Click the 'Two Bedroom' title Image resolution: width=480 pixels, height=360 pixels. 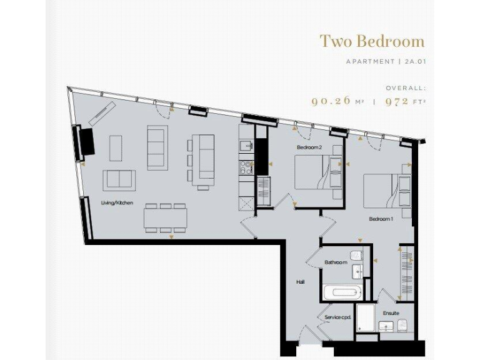(372, 41)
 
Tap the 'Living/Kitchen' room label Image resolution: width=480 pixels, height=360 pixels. (117, 202)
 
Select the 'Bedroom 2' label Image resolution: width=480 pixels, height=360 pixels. (309, 147)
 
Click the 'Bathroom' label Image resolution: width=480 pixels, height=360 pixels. (336, 262)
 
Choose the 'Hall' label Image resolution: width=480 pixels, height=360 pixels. (300, 282)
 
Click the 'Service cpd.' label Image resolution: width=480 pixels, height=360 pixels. (337, 317)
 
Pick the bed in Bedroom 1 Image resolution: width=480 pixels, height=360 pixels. (382, 191)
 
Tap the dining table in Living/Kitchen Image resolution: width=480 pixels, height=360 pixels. (166, 218)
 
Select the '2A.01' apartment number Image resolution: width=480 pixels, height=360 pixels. (414, 62)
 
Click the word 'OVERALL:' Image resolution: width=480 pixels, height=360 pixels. (406, 88)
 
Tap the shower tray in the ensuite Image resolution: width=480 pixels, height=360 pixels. (365, 317)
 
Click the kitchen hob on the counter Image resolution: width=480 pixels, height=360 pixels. (246, 167)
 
